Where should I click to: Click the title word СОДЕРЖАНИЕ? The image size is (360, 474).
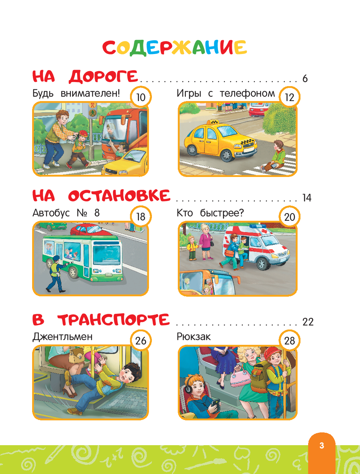click(175, 48)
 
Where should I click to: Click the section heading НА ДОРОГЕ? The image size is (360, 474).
click(85, 77)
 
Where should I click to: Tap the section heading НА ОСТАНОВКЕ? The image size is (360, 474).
click(102, 196)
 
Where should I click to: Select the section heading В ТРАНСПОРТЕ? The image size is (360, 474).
click(101, 320)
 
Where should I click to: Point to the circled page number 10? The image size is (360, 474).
click(141, 97)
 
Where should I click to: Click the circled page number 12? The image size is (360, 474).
click(289, 97)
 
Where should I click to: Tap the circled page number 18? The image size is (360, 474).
click(141, 217)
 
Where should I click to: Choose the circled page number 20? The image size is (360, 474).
click(289, 217)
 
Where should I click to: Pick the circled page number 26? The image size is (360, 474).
click(141, 341)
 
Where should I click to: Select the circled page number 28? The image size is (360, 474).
click(289, 341)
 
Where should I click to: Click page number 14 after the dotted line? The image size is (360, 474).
click(307, 198)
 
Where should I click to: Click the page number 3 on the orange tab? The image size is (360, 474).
click(322, 446)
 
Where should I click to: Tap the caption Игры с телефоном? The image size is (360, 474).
click(226, 94)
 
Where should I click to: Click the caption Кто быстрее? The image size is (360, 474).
click(210, 213)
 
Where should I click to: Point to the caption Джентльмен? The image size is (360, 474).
click(62, 337)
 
